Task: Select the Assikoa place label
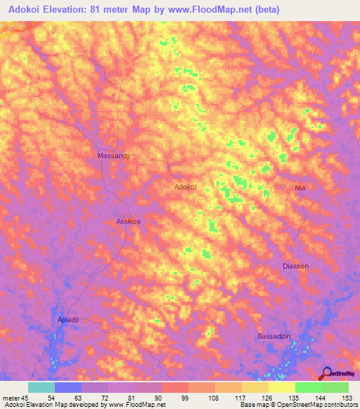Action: (x=128, y=221)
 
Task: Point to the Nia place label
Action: (x=300, y=188)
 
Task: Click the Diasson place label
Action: (x=295, y=266)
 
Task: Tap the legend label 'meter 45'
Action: (x=16, y=398)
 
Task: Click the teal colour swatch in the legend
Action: (x=41, y=387)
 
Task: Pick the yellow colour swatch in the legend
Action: (x=281, y=387)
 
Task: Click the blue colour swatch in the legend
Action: (x=68, y=387)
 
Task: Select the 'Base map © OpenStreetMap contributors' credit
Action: (x=298, y=405)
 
